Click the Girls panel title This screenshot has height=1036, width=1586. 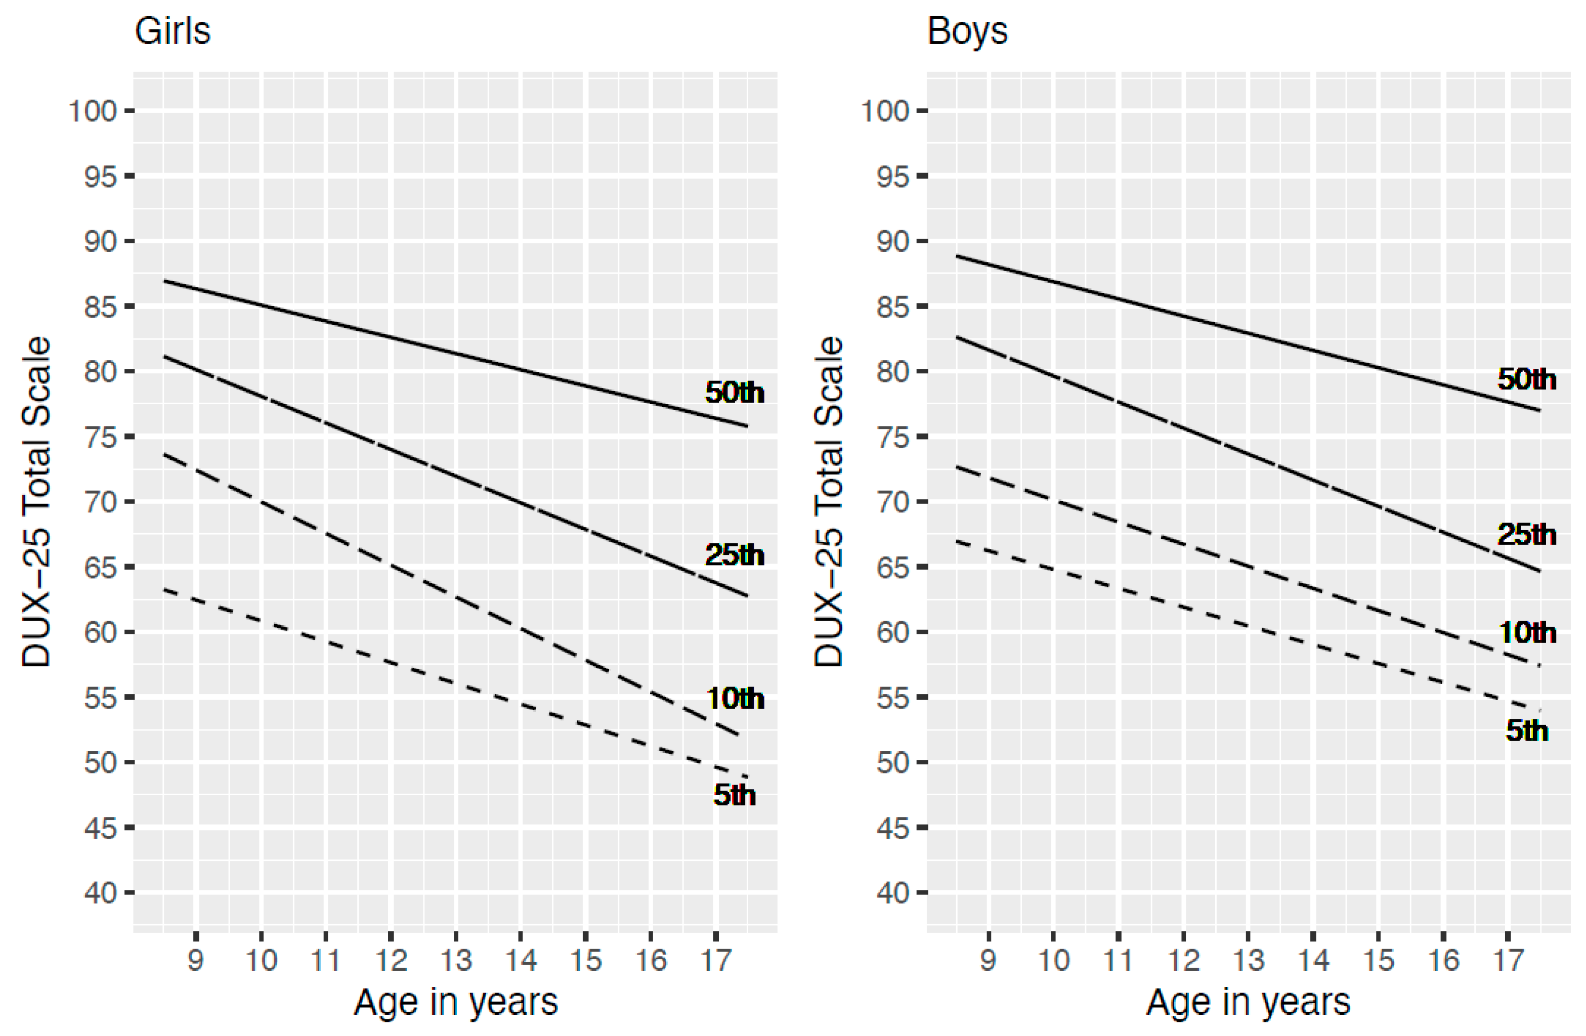(x=172, y=31)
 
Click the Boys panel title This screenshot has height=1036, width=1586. (x=966, y=31)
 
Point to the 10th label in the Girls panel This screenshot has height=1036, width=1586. (x=735, y=698)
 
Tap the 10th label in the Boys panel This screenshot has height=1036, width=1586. (x=1527, y=632)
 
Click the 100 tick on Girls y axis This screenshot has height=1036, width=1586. (x=93, y=111)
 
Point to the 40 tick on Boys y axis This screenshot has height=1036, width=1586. (x=892, y=893)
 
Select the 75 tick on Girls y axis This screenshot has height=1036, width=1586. (x=100, y=437)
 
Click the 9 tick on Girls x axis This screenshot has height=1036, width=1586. (x=195, y=960)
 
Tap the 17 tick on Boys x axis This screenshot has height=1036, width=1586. (x=1508, y=960)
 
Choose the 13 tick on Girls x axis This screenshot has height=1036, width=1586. (x=456, y=960)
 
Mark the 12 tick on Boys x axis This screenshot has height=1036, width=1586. (x=1183, y=960)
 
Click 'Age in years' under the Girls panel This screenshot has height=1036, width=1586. (x=455, y=1002)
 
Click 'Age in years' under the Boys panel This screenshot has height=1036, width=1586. (x=1248, y=1002)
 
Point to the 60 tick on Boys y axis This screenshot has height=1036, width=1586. (x=892, y=632)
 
